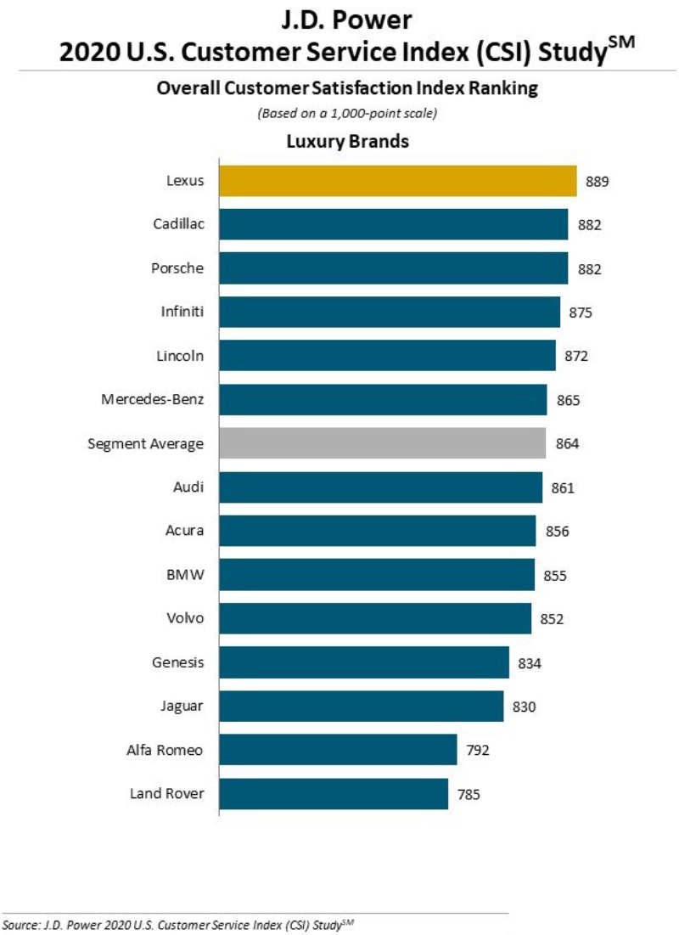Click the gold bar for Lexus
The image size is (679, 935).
[398, 182]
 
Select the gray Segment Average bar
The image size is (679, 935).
[383, 443]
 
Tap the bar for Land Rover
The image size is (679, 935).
[334, 794]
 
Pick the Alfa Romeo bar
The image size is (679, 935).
[338, 750]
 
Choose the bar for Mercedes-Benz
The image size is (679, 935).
[383, 399]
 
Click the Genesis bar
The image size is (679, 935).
[364, 662]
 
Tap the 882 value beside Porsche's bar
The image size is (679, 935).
[589, 269]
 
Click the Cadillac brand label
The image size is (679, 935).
[178, 224]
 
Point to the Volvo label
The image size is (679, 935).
[185, 617]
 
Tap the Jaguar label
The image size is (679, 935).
[182, 705]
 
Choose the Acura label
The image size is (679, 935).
[184, 531]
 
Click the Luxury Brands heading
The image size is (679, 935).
[347, 141]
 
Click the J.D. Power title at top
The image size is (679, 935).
[347, 20]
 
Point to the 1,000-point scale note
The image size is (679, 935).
[347, 113]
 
